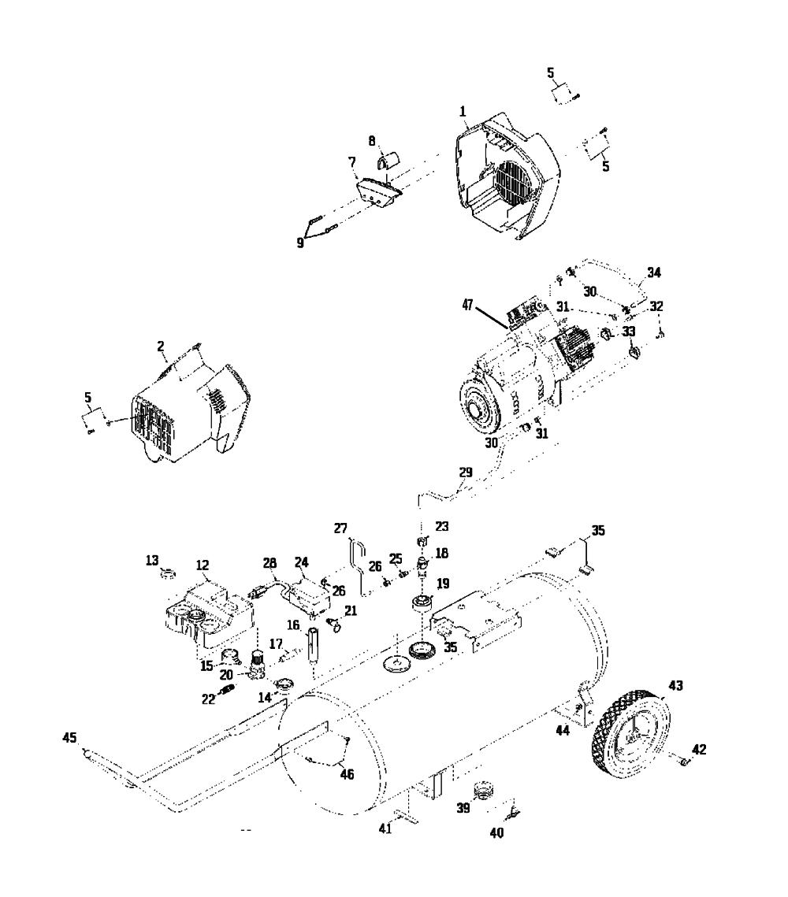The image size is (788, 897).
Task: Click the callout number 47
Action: pos(468,306)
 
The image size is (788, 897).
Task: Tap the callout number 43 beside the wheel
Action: pos(676,685)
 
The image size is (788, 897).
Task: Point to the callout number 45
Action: pos(70,738)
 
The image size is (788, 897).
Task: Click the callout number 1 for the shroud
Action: pos(463,112)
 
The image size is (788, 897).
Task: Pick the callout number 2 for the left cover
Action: pos(161,346)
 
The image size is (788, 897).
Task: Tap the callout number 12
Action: pos(203,565)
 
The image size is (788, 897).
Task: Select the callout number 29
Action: pos(466,473)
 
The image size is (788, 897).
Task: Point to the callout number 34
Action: pos(654,272)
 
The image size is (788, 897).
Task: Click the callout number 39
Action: pos(463,808)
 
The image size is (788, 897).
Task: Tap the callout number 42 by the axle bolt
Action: pos(699,750)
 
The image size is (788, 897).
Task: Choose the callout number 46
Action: pos(348,775)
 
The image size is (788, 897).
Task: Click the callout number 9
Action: pos(300,243)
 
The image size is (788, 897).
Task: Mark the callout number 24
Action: pos(302,562)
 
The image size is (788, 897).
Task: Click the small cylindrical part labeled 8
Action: pos(390,160)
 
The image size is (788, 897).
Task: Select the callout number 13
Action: pos(151,561)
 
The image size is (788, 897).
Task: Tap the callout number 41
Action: pos(385,828)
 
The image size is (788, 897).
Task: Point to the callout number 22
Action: pos(208,699)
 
